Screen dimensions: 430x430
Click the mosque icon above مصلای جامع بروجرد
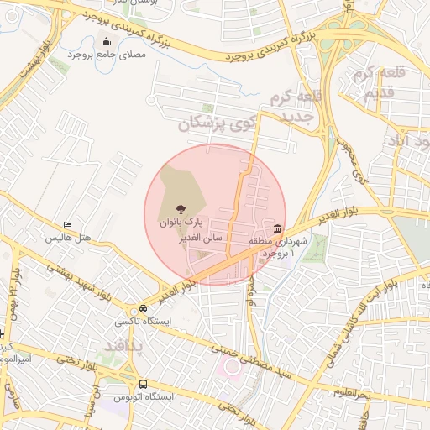106,42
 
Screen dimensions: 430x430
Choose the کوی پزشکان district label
215,124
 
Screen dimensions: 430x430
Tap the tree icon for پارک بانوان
179,210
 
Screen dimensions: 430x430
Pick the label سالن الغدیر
199,238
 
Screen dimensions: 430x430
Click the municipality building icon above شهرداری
278,228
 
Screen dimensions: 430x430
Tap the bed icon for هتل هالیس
67,225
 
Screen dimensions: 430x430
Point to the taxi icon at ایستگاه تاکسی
144,308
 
